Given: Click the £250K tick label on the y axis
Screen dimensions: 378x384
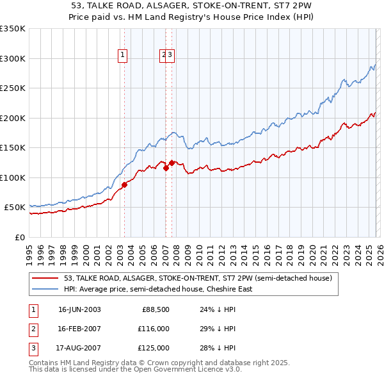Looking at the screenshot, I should click(13, 88).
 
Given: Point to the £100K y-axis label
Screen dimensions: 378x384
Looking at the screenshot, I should click(13, 177).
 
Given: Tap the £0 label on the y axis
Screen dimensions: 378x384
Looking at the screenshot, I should click(19, 237).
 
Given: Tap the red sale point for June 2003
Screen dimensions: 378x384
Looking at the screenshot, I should click(125, 185).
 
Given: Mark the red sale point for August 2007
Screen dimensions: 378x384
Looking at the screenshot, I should click(172, 163).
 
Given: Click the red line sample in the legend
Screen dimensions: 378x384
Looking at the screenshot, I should click(45, 279).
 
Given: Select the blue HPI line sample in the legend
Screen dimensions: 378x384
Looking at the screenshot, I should click(45, 289).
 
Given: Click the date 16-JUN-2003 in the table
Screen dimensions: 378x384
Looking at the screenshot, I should click(79, 310).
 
